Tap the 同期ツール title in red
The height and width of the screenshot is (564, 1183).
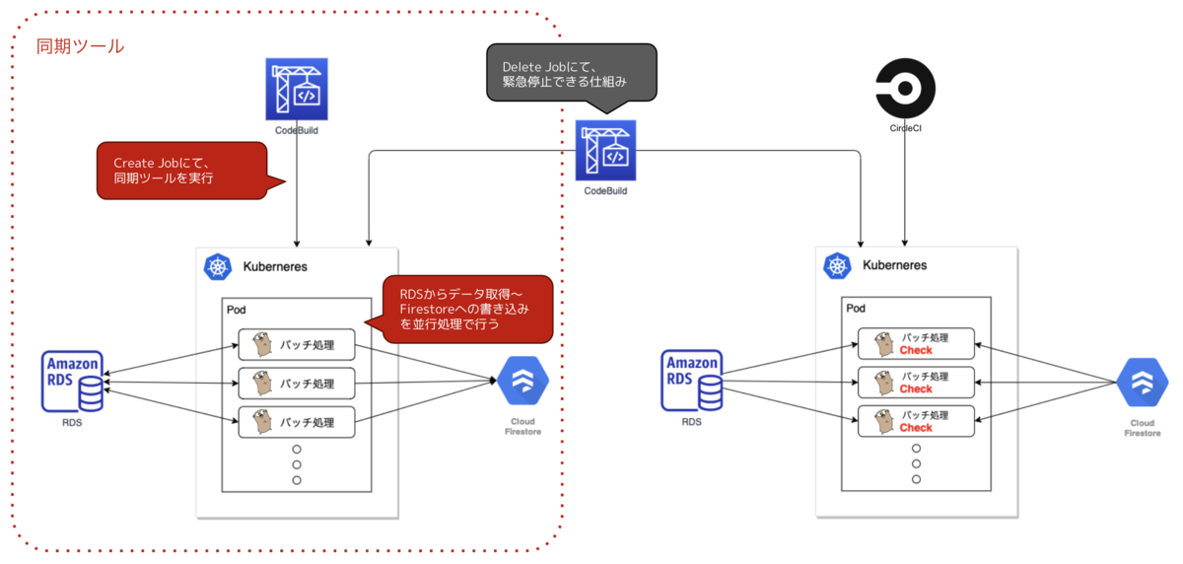click(80, 46)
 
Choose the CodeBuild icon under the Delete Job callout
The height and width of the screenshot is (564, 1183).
click(606, 150)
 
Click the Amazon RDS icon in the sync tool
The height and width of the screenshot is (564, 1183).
click(73, 382)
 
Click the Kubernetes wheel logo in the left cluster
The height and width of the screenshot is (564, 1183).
click(217, 266)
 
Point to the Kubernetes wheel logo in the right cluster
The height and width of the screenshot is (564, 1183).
click(837, 266)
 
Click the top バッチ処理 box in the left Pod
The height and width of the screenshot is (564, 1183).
click(296, 345)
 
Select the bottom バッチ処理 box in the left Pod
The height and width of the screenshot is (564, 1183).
click(296, 422)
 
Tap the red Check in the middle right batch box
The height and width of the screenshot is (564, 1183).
click(916, 389)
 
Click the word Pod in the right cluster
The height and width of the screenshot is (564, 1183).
click(856, 309)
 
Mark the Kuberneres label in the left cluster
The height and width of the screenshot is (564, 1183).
click(275, 266)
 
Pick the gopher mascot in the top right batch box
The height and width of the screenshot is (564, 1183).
click(879, 342)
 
